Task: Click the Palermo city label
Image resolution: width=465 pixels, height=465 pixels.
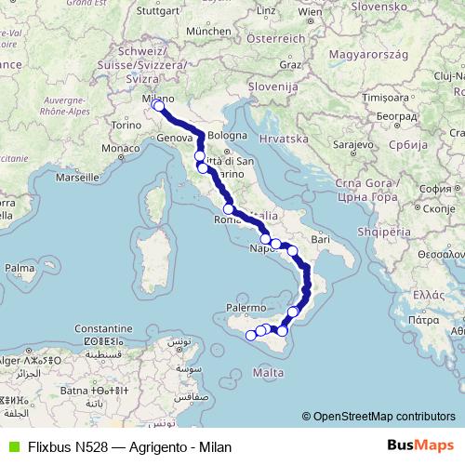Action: click(x=244, y=305)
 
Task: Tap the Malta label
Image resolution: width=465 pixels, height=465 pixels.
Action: click(x=268, y=372)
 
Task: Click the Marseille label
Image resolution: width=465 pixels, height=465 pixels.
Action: click(x=77, y=176)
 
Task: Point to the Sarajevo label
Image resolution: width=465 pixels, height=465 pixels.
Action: click(x=354, y=146)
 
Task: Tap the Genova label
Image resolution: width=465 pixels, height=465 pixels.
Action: click(x=174, y=137)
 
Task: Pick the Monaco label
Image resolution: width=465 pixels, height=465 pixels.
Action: click(x=119, y=149)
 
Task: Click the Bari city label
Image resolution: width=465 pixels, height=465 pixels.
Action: click(x=321, y=240)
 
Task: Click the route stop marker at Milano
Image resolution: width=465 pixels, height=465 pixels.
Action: click(x=158, y=105)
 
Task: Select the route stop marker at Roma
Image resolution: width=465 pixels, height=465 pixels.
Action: click(x=229, y=209)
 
